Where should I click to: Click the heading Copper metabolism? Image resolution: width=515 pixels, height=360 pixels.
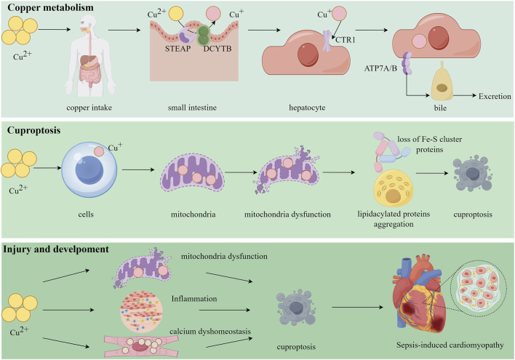(x=50, y=7)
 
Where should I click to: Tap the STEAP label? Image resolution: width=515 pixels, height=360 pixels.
(x=177, y=49)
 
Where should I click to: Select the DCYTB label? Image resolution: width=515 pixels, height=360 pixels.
(x=217, y=49)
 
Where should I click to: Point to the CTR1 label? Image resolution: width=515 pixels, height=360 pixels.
(x=346, y=40)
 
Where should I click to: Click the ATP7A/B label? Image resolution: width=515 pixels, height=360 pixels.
(x=380, y=68)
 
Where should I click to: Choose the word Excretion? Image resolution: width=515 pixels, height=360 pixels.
(x=495, y=96)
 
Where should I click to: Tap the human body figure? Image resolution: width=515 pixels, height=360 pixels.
(x=89, y=55)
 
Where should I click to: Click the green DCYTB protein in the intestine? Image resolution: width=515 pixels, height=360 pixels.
(x=203, y=36)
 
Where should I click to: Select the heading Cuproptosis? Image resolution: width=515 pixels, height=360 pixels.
(x=34, y=130)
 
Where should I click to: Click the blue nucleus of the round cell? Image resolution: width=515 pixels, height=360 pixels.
(x=89, y=170)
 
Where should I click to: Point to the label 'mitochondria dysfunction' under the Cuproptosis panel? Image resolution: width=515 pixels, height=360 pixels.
(x=287, y=214)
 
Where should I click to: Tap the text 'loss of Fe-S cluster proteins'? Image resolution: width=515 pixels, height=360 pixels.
(x=430, y=144)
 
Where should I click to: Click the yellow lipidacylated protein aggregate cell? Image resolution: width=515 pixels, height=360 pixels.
(x=393, y=188)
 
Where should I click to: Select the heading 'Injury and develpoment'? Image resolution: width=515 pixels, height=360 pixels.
(x=56, y=249)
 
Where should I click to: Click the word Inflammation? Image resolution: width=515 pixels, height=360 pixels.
(x=194, y=299)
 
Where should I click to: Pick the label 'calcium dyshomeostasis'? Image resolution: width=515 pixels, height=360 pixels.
(x=210, y=331)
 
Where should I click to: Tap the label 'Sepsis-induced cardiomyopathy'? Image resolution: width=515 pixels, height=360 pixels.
(x=450, y=345)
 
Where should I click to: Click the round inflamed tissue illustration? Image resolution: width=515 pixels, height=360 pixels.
(x=142, y=311)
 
